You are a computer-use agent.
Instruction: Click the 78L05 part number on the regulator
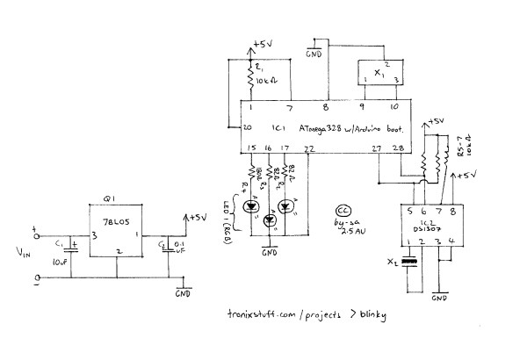click(116, 226)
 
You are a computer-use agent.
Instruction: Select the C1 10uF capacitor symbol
click(72, 250)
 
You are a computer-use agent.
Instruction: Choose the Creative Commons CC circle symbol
click(343, 212)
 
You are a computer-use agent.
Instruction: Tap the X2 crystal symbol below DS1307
click(407, 261)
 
